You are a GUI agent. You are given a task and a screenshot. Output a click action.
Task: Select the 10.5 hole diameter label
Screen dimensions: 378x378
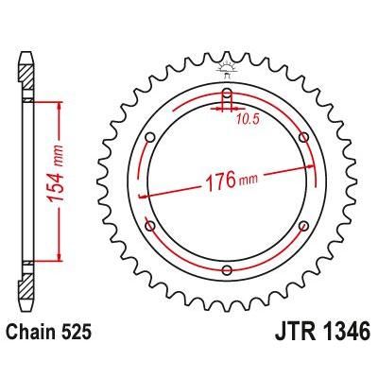point(249,119)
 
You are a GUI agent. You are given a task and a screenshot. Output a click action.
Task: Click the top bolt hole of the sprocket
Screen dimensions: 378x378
point(227,94)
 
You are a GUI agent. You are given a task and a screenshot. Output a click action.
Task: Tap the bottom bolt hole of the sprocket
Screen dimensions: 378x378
point(227,271)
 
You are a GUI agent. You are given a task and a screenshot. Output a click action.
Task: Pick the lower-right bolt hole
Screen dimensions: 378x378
point(303,227)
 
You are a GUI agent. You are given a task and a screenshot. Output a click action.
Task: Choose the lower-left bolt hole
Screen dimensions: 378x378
point(149,227)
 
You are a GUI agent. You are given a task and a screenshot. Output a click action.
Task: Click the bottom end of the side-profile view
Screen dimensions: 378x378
point(27,319)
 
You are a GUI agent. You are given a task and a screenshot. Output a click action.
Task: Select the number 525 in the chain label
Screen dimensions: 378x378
point(78,334)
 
